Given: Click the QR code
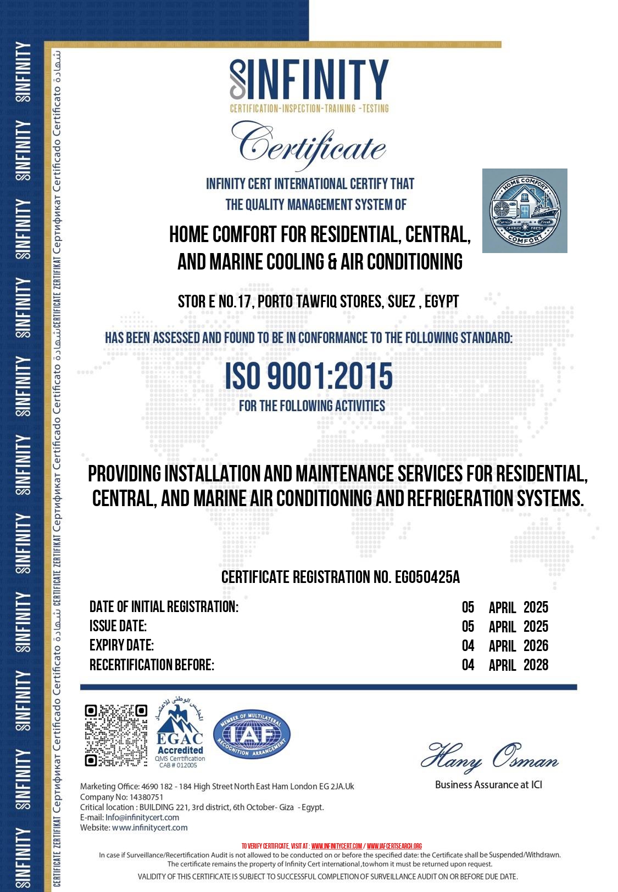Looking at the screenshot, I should [x=116, y=736].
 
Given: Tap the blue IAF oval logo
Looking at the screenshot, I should [x=252, y=734].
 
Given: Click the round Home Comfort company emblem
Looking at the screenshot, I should [x=525, y=211].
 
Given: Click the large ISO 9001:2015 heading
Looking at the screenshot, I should [x=309, y=376].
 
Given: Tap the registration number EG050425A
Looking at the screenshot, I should [x=427, y=577].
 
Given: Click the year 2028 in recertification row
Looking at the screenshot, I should [x=536, y=665].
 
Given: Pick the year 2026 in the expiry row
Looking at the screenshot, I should [x=536, y=646].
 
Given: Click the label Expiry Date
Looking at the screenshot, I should [x=121, y=645].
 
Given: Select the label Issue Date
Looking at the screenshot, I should [x=118, y=626].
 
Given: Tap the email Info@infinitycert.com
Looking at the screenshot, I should [x=142, y=817].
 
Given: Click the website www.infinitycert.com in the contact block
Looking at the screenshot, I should [x=149, y=828].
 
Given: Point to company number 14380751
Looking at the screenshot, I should [x=146, y=797].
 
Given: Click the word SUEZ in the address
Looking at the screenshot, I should [x=401, y=301].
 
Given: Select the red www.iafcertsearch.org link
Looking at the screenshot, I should [x=394, y=846].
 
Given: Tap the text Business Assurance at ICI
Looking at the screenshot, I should [x=488, y=785].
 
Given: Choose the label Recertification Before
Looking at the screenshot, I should [x=152, y=665].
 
